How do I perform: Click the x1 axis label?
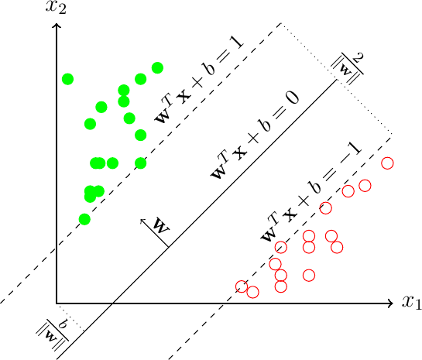pyautogui.click(x=410, y=303)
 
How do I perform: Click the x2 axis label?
pyautogui.click(x=57, y=9)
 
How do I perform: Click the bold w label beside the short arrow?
pyautogui.click(x=161, y=226)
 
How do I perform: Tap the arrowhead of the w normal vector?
pyautogui.click(x=142, y=221)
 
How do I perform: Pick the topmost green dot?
pyautogui.click(x=157, y=68)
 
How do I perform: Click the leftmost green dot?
pyautogui.click(x=67, y=79)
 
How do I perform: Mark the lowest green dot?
pyautogui.click(x=84, y=219)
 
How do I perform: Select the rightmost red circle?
pyautogui.click(x=387, y=163)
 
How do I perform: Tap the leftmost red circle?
pyautogui.click(x=241, y=286)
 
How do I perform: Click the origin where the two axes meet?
pyautogui.click(x=57, y=303)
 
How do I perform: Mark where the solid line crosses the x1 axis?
pyautogui.click(x=113, y=303)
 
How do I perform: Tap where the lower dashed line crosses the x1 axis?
pyautogui.click(x=225, y=303)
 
